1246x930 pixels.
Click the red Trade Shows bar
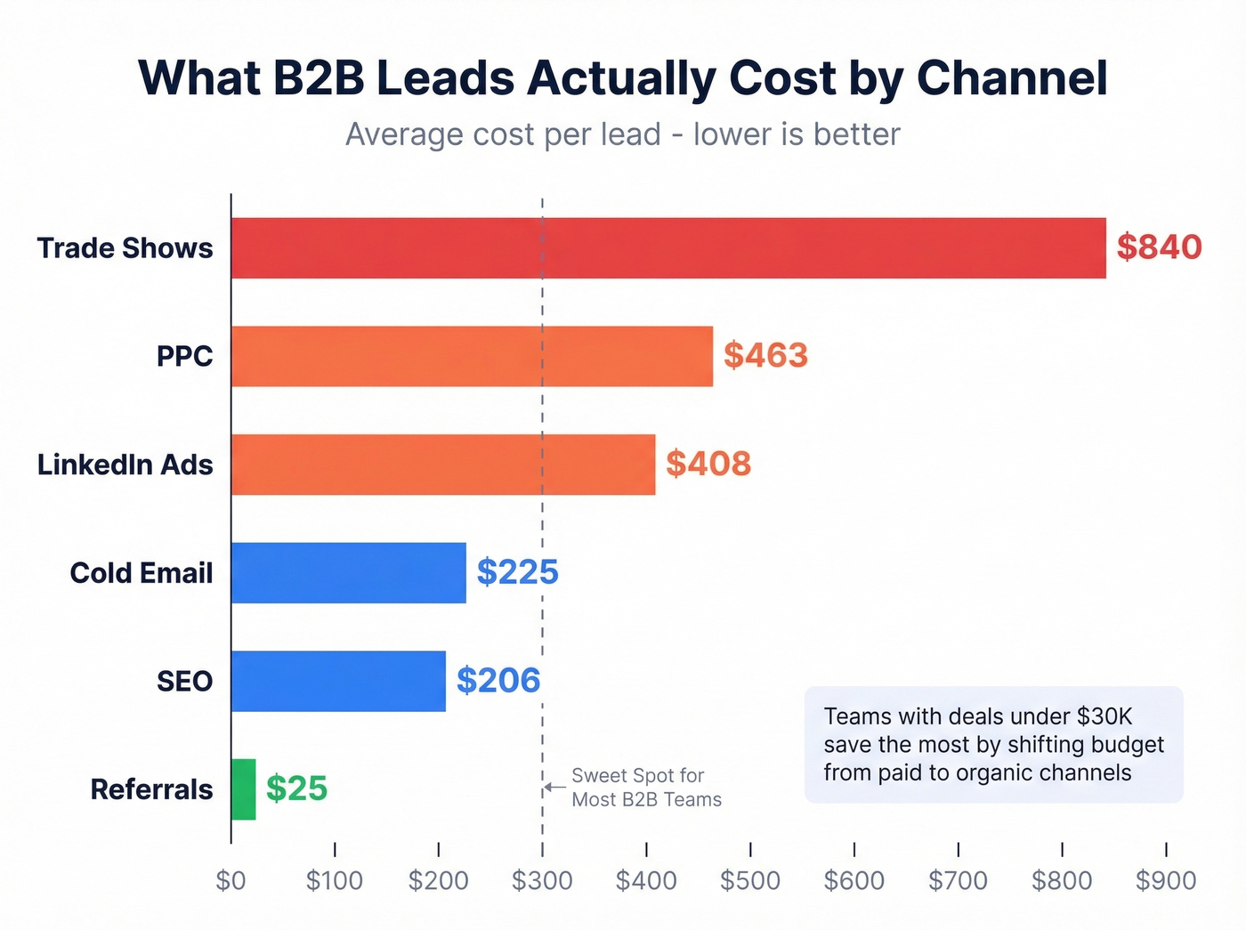coord(667,248)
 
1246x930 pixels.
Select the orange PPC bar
coord(472,356)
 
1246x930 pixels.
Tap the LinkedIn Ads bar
coord(443,465)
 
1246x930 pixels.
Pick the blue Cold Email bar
coord(348,573)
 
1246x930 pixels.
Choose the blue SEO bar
coord(338,681)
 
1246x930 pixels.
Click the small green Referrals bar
coord(243,789)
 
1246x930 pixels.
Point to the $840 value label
coord(1159,247)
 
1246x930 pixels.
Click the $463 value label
coord(765,355)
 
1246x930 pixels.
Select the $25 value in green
coord(296,788)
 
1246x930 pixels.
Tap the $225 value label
coord(517,572)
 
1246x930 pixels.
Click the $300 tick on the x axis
coord(542,880)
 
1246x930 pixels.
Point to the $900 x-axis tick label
coord(1165,880)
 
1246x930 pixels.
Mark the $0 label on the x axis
coord(231,880)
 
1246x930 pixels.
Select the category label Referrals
coord(151,789)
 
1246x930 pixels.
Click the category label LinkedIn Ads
coord(125,465)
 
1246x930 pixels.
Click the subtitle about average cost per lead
coord(623,134)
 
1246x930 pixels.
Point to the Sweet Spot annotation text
coord(646,788)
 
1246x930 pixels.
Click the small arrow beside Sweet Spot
coord(555,787)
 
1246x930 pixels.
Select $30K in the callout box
coord(1104,716)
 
